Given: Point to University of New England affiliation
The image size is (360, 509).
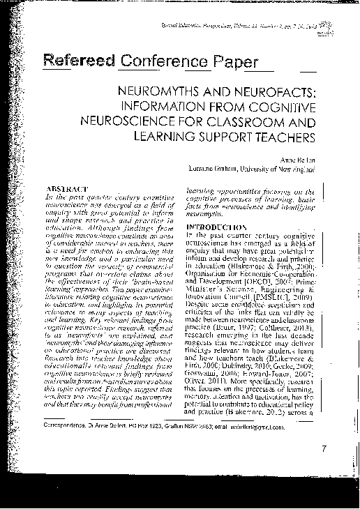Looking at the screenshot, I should tap(272, 169).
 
